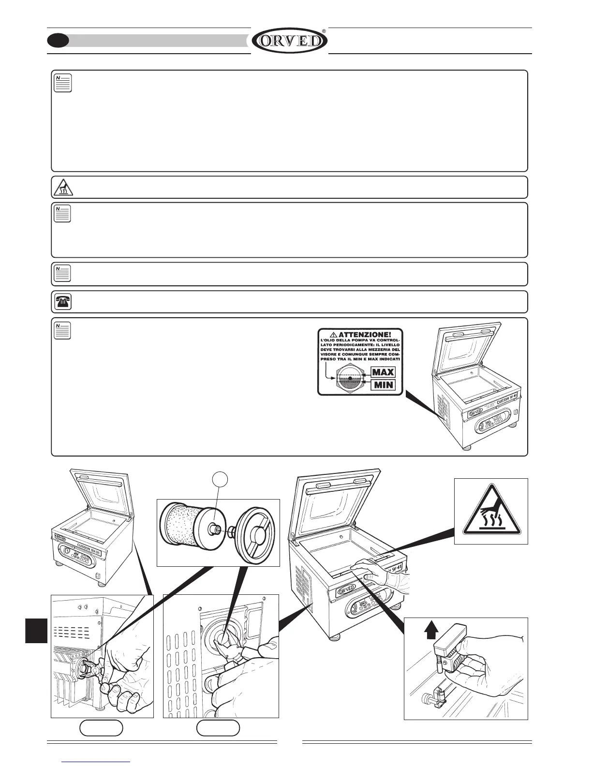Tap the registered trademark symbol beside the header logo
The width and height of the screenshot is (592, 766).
pyautogui.click(x=324, y=31)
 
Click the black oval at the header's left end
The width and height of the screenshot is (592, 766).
pyautogui.click(x=58, y=41)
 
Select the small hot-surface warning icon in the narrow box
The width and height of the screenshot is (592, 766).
pyautogui.click(x=63, y=187)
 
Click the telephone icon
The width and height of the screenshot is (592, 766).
pyautogui.click(x=62, y=302)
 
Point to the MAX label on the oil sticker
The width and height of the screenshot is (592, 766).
pyautogui.click(x=383, y=372)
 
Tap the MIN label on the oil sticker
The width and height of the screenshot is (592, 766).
pyautogui.click(x=383, y=385)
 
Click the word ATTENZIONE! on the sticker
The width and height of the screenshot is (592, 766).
pyautogui.click(x=364, y=334)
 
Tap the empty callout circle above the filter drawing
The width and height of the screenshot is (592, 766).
pyautogui.click(x=221, y=479)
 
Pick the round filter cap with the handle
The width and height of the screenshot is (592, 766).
pyautogui.click(x=256, y=531)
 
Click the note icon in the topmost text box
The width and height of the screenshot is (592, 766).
pyautogui.click(x=63, y=83)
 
